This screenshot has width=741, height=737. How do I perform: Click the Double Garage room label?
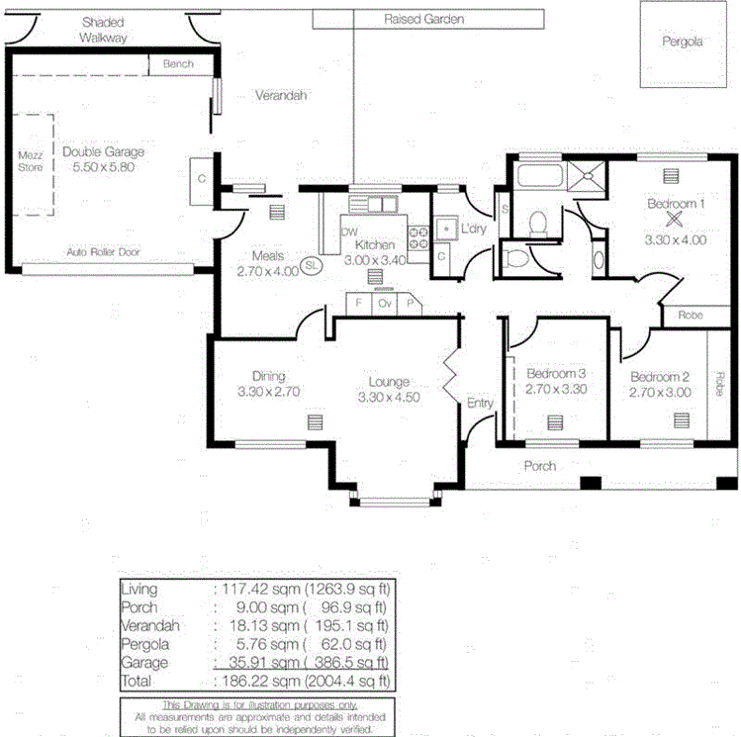pos(103,152)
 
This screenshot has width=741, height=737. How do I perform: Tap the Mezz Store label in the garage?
pos(31,161)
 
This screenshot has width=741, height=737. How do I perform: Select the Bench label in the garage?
pos(178,64)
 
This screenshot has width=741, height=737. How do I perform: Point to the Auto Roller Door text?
pos(103,252)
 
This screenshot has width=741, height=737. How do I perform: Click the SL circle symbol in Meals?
pos(312,265)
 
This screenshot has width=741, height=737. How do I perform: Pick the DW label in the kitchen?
pos(348,232)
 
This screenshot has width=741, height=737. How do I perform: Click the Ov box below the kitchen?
pos(385,304)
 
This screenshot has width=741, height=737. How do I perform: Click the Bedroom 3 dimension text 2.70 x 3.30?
pos(556,390)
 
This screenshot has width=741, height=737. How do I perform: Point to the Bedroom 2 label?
pos(659,377)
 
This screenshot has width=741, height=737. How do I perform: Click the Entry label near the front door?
pos(480,403)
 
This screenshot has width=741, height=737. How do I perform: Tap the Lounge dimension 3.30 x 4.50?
pos(389,398)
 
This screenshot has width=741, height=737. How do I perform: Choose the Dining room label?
pos(268,376)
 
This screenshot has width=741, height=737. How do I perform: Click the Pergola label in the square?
pos(683,43)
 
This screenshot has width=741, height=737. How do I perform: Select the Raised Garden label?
pos(423,19)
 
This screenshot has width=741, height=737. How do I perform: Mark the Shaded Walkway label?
pos(104,29)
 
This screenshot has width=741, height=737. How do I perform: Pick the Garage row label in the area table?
pos(144,663)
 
